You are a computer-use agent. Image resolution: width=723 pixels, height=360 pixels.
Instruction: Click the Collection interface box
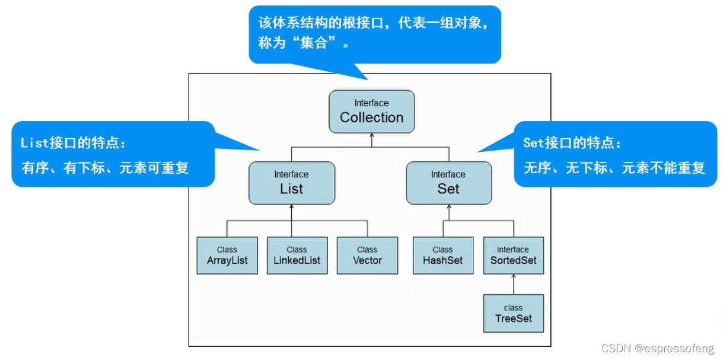(371, 111)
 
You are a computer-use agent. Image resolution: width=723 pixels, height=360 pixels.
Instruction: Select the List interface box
(291, 183)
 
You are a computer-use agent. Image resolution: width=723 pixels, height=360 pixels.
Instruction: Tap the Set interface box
(448, 183)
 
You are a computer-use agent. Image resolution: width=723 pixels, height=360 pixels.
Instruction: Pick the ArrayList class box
(227, 256)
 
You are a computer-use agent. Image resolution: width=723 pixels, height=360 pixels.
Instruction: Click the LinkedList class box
(297, 256)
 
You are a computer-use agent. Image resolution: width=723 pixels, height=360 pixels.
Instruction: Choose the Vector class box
(367, 256)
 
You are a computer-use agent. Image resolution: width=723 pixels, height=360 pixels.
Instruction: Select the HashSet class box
(443, 256)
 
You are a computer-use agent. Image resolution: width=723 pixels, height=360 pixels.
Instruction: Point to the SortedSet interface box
(513, 256)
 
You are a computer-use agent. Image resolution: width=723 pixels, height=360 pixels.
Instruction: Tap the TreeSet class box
(513, 313)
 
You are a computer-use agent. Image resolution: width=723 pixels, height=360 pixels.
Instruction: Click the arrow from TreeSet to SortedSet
(514, 285)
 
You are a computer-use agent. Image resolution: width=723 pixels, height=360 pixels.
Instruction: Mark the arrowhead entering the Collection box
(371, 136)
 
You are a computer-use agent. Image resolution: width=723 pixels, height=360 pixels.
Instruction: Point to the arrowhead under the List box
(291, 208)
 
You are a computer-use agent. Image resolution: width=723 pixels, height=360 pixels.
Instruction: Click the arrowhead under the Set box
(448, 208)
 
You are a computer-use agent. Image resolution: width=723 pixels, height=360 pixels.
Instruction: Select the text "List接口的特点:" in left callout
(74, 143)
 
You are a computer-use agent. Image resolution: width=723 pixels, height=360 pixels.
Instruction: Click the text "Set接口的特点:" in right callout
(572, 143)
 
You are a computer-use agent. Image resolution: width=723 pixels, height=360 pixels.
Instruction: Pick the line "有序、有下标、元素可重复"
(105, 168)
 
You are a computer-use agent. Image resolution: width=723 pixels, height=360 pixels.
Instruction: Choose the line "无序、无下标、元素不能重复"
(614, 168)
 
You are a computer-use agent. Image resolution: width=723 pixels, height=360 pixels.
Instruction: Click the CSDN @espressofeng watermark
(657, 349)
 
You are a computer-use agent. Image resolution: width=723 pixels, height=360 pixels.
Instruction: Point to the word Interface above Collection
(371, 103)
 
